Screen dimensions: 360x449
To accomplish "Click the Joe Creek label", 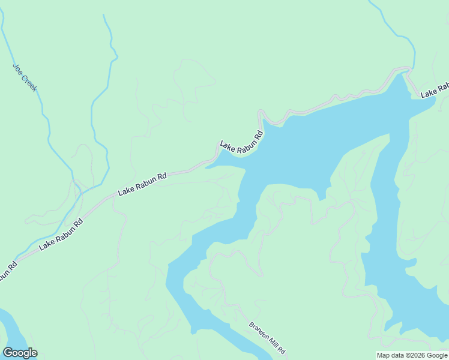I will pyautogui.click(x=25, y=77).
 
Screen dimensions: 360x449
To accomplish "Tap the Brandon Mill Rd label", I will pyautogui.click(x=267, y=338).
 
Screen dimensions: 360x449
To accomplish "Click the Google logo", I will pyautogui.click(x=20, y=353).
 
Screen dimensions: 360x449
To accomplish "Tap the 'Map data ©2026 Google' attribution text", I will pyautogui.click(x=412, y=355).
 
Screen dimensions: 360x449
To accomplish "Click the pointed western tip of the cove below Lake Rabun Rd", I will pyautogui.click(x=206, y=167).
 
